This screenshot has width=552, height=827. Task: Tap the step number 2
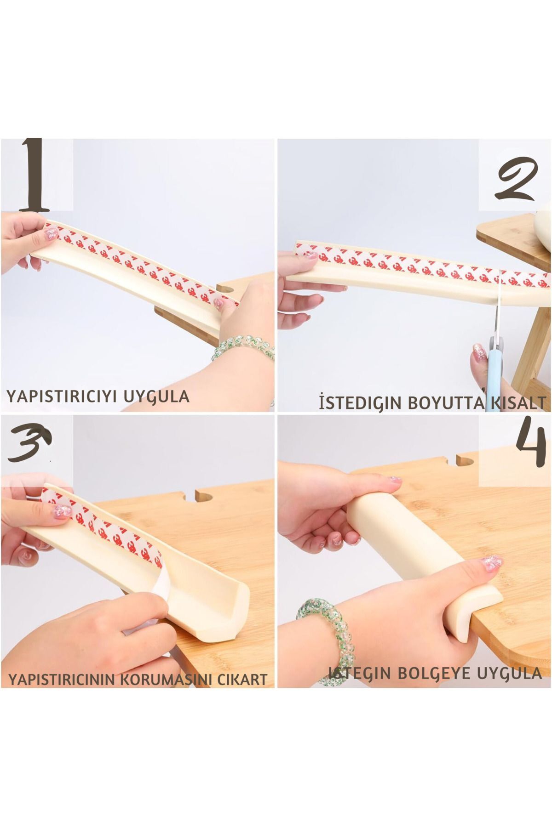[x=516, y=180]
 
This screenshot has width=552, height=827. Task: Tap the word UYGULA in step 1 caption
[x=159, y=396]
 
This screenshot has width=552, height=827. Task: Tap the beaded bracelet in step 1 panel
[x=244, y=349]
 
